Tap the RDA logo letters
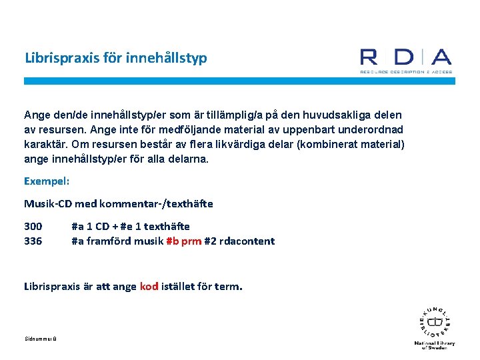pyautogui.click(x=405, y=58)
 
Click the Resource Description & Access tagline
pyautogui.click(x=405, y=71)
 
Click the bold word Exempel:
pyautogui.click(x=47, y=181)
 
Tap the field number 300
pyautogui.click(x=33, y=226)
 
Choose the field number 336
pyautogui.click(x=33, y=241)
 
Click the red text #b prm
pyautogui.click(x=183, y=241)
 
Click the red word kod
pyautogui.click(x=149, y=286)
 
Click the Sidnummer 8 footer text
pyautogui.click(x=40, y=339)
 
